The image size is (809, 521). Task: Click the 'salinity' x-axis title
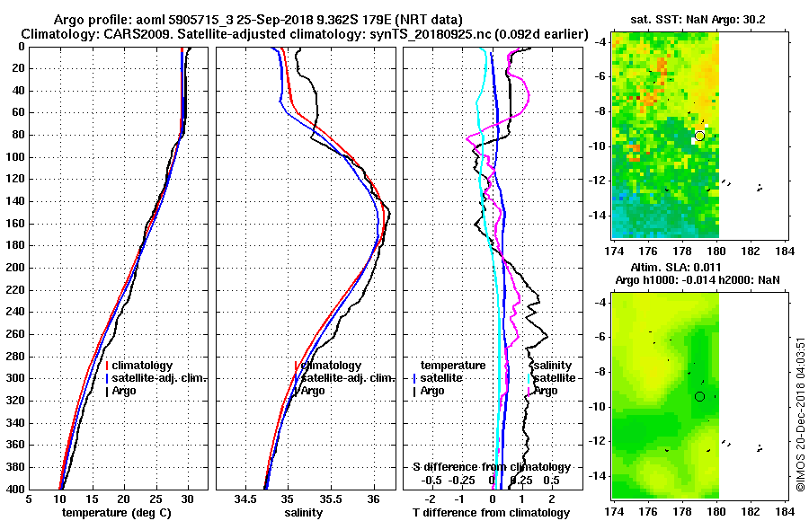click(304, 513)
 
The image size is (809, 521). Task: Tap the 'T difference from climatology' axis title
click(491, 513)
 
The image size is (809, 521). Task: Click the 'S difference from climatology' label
click(491, 467)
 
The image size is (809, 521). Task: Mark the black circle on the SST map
click(699, 136)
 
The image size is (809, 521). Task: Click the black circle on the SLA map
click(699, 396)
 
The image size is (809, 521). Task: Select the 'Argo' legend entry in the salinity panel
click(314, 391)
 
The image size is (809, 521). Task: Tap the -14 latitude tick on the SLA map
click(599, 476)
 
